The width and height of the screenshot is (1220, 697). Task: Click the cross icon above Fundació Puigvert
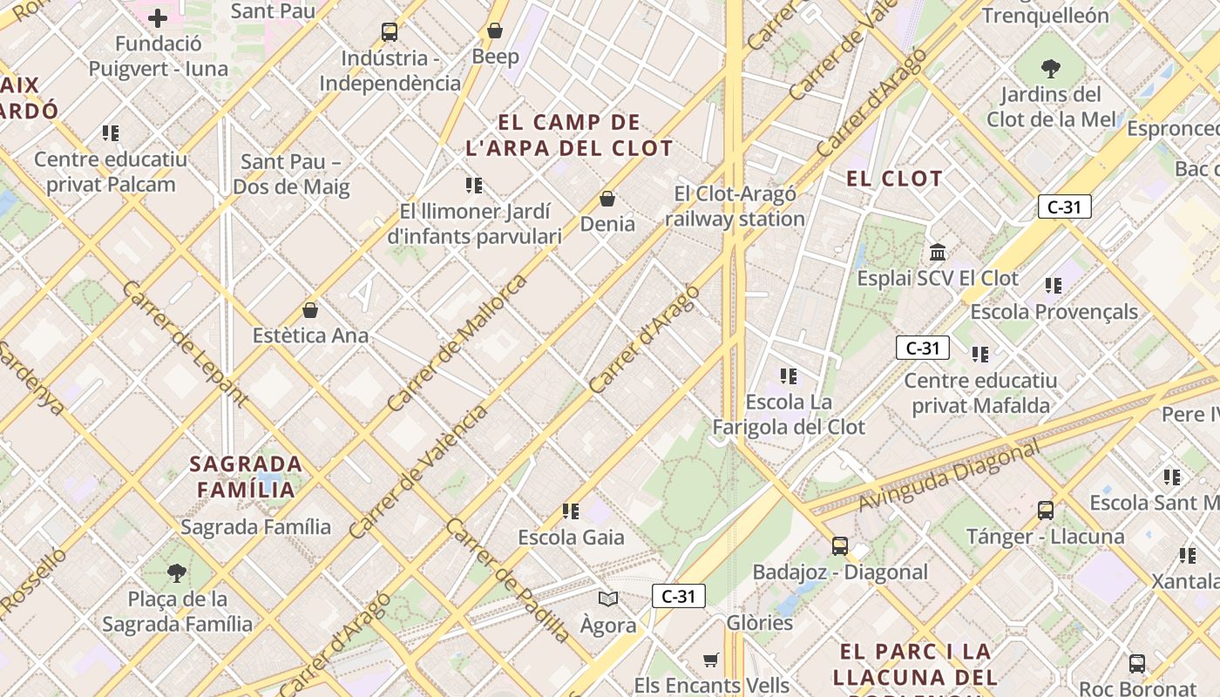coord(158,17)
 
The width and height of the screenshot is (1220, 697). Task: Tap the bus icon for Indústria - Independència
coord(390,32)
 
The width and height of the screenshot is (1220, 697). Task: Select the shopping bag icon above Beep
coord(495,30)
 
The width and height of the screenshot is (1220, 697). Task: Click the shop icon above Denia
coord(607,199)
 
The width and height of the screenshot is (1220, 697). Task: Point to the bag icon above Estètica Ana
coord(309,309)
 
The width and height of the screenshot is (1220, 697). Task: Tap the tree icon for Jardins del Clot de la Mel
coord(1051,68)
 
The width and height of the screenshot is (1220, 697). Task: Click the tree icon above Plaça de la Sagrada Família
coord(177,572)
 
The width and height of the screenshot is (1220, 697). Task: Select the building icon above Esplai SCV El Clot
coord(938,252)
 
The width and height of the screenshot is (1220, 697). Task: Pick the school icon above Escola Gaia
coord(571,511)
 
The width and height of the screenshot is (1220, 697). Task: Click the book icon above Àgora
coord(608,599)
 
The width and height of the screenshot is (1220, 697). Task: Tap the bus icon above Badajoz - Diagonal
coord(840,546)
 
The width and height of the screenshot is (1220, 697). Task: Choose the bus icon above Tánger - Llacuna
coord(1046,511)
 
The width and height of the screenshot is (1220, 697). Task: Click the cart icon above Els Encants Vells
coord(711,660)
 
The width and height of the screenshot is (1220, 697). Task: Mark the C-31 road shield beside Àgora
coord(678,596)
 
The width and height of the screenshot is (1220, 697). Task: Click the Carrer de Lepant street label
coord(185,344)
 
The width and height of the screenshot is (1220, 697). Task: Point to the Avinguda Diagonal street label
coord(949,477)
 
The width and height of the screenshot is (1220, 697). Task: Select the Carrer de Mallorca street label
coord(457,342)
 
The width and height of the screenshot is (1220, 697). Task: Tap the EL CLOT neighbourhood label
coord(894,179)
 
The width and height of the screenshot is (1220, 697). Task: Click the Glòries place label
coord(760,623)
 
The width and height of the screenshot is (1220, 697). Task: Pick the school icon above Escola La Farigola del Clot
coord(789,376)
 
